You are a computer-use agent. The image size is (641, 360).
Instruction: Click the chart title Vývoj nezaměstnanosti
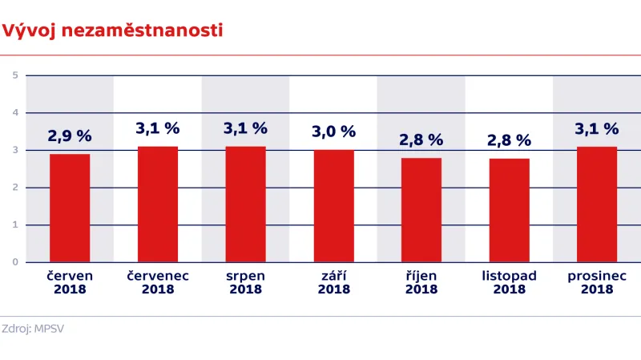pos(112,30)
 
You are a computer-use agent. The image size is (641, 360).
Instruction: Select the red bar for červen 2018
pos(70,208)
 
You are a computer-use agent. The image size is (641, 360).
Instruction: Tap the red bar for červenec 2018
pos(158,204)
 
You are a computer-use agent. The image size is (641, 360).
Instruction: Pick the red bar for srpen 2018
pos(245,204)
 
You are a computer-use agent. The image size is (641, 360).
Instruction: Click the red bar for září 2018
pos(333,206)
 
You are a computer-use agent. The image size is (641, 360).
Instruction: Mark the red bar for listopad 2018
pos(509,210)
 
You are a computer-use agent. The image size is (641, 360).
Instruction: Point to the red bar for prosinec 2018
pos(597,204)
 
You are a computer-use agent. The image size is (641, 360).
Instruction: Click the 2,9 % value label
pos(70,136)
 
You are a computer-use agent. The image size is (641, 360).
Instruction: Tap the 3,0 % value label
pos(333,131)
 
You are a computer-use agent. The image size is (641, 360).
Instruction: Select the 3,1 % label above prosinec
pos(597,128)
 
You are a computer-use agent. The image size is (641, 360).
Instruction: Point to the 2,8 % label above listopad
pos(509,140)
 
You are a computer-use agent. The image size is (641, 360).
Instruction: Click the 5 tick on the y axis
pos(15,75)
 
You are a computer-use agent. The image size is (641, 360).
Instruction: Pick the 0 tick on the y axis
pos(15,262)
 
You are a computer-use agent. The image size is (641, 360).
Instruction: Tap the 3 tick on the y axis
pos(15,150)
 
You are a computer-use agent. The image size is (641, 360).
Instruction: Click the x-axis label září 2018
pos(333,282)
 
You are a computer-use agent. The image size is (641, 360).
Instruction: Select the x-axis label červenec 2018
pos(158,282)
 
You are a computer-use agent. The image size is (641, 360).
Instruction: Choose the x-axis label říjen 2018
pos(421,282)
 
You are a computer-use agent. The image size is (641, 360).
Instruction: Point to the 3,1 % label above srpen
pos(245,128)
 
